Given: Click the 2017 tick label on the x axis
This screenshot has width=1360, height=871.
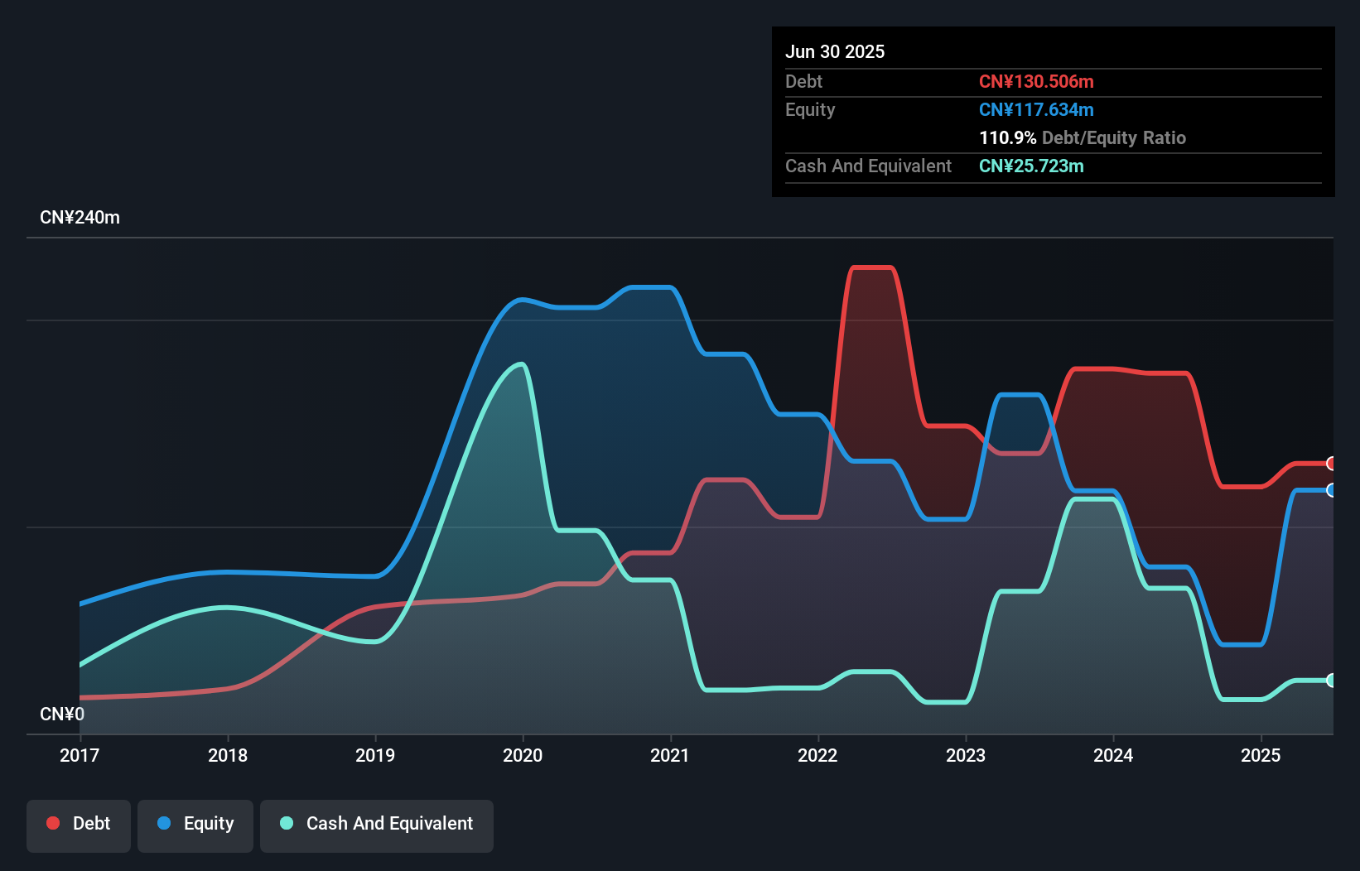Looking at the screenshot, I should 80,755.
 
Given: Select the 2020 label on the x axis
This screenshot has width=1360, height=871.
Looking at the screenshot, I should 523,755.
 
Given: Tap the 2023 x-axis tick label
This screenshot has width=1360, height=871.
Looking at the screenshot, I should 966,755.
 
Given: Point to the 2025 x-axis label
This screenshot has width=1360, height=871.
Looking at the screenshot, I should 1261,755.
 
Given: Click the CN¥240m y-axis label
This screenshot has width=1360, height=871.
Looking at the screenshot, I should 80,218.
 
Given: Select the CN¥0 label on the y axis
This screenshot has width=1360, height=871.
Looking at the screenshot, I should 62,714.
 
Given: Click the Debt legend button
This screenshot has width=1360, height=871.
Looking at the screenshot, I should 79,824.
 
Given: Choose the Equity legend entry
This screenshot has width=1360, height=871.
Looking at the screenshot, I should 195,824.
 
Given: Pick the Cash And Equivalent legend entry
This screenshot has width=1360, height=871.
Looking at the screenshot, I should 377,824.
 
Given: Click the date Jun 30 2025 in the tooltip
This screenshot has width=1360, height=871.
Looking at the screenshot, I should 835,51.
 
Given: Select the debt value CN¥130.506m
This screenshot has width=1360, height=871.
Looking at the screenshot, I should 1036,81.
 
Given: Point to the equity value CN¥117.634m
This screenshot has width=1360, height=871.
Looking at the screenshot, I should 1036,109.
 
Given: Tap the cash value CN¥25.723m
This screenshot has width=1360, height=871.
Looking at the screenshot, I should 1031,166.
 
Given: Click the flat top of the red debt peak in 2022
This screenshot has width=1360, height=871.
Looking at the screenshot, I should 872,267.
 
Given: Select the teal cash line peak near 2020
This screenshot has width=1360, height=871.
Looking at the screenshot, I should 520,364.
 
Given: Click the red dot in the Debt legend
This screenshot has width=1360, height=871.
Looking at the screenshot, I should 53,823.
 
